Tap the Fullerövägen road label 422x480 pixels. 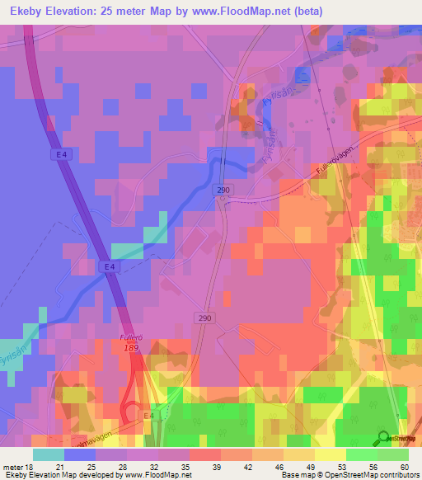335,172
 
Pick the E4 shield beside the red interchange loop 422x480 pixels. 148,416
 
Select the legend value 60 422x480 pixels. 403,467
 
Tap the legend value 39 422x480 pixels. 204,467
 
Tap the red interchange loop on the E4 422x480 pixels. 130,410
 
